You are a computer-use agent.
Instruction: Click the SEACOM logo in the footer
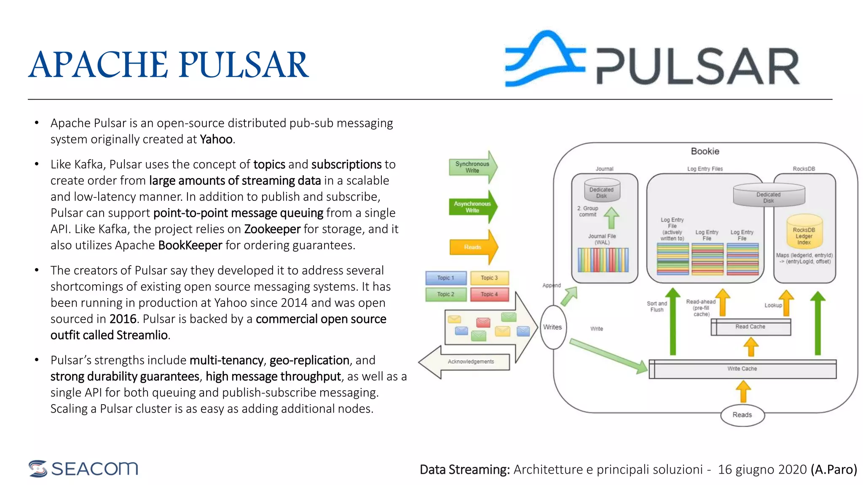83,469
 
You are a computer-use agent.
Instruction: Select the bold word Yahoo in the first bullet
216,139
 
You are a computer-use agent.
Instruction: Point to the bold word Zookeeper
272,229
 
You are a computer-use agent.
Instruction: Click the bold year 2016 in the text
123,319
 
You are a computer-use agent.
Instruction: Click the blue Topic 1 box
445,278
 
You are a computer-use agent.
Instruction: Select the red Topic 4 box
489,294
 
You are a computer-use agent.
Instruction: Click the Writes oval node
552,327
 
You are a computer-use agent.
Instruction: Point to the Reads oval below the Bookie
742,415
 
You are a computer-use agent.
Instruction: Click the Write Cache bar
742,369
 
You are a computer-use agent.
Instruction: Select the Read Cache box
750,327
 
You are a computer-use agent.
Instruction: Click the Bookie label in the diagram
705,152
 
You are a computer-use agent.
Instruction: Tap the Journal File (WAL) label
602,239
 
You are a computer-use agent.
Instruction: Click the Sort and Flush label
657,306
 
